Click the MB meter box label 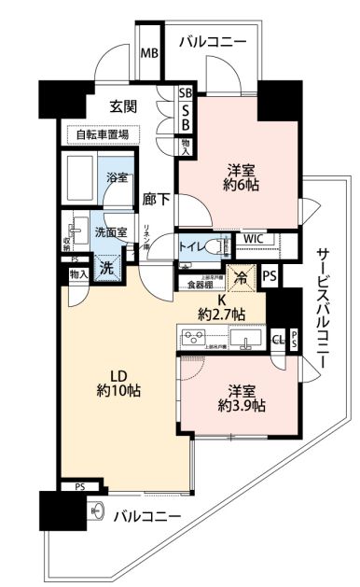[149, 52]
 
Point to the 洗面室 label [111, 232]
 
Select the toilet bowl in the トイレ [221, 246]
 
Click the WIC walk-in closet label [253, 239]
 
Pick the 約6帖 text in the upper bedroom [241, 187]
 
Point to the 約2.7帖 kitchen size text [220, 314]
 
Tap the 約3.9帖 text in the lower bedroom [241, 406]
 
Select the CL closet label [278, 340]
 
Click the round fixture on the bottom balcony [96, 510]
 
